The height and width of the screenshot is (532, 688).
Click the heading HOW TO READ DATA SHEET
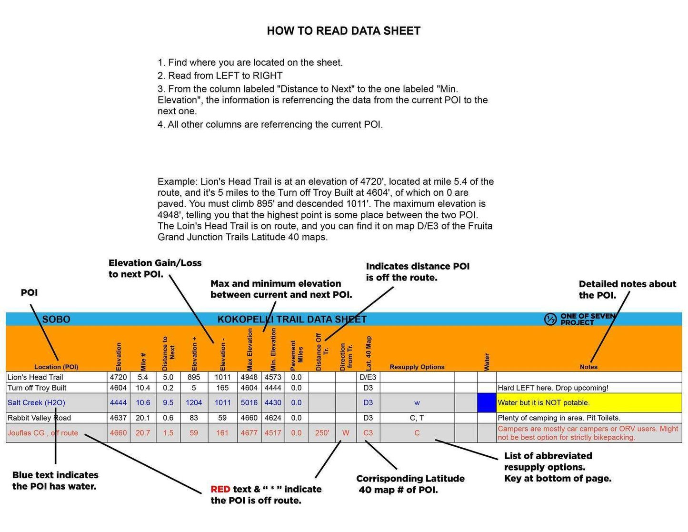pyautogui.click(x=343, y=31)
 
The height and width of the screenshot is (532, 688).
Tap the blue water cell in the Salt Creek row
pyautogui.click(x=487, y=403)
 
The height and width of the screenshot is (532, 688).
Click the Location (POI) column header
pyautogui.click(x=56, y=367)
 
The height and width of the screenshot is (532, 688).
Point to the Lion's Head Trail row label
pyautogui.click(x=35, y=377)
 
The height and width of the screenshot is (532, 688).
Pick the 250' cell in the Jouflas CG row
pyautogui.click(x=322, y=433)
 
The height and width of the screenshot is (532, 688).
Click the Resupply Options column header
pyautogui.click(x=417, y=367)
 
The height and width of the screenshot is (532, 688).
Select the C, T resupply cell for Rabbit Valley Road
pyautogui.click(x=417, y=418)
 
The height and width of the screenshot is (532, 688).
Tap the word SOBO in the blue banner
pyautogui.click(x=56, y=319)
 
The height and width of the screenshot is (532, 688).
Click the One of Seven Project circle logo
pyautogui.click(x=550, y=319)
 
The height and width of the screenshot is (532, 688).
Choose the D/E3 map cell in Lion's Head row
pyautogui.click(x=368, y=377)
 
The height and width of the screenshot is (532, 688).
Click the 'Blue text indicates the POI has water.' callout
pyautogui.click(x=55, y=481)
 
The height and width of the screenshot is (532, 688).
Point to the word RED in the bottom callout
pyautogui.click(x=220, y=489)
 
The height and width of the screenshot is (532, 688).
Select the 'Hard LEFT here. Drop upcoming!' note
pyautogui.click(x=553, y=388)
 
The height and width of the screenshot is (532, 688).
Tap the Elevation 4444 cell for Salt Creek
pyautogui.click(x=119, y=403)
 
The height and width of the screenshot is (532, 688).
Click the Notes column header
pyautogui.click(x=588, y=367)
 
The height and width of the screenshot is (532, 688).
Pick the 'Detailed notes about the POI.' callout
pyautogui.click(x=627, y=290)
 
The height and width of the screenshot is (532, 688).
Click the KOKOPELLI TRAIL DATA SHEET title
pyautogui.click(x=292, y=319)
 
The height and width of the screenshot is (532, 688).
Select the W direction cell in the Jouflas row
pyautogui.click(x=346, y=433)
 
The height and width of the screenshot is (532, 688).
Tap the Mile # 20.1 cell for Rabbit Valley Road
pyautogui.click(x=143, y=418)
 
